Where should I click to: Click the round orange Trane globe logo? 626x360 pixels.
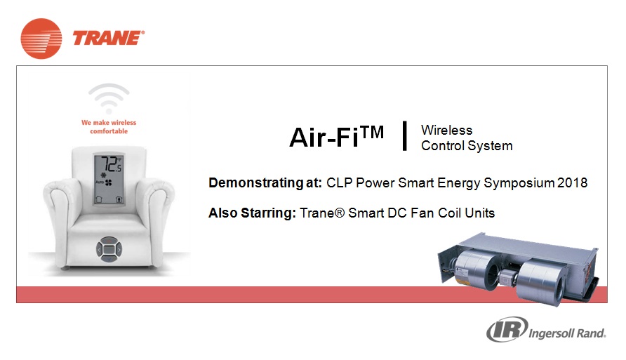click(41, 39)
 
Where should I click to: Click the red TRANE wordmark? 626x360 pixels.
click(108, 39)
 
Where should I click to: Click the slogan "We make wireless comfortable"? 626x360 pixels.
click(109, 127)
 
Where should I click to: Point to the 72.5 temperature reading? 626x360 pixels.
click(110, 164)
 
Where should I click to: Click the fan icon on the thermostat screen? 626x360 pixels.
click(109, 182)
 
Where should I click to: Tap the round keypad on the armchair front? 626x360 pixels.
click(109, 249)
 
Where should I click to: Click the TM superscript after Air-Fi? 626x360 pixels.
click(372, 132)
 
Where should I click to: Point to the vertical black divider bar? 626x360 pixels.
click(405, 135)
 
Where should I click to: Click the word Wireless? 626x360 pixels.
click(446, 130)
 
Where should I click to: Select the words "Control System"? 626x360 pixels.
click(467, 146)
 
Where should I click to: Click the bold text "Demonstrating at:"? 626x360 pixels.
click(265, 182)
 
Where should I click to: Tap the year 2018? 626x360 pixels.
click(572, 182)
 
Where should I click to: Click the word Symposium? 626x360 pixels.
click(519, 183)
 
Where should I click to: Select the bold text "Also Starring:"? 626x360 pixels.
click(253, 213)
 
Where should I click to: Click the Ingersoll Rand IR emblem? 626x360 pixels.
click(507, 329)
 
